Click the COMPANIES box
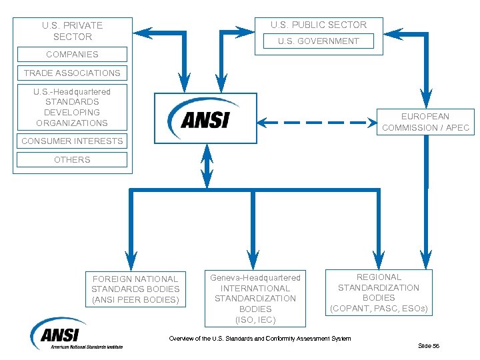(72, 55)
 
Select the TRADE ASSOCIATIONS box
(72, 73)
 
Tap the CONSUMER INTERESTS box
(72, 141)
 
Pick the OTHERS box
(72, 160)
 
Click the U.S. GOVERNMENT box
(318, 41)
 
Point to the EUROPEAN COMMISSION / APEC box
(425, 122)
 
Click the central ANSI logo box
(205, 118)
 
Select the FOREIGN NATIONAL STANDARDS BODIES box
(135, 289)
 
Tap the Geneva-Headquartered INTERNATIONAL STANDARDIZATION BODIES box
(255, 298)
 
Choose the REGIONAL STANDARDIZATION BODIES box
(379, 293)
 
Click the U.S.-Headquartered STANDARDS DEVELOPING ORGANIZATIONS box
(72, 107)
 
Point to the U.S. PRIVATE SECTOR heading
(72, 31)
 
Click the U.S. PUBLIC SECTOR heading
(318, 25)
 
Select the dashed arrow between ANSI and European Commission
(317, 122)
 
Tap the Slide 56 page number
(428, 345)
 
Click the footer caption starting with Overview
(259, 339)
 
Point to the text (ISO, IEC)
(255, 319)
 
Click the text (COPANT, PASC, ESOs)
(379, 309)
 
